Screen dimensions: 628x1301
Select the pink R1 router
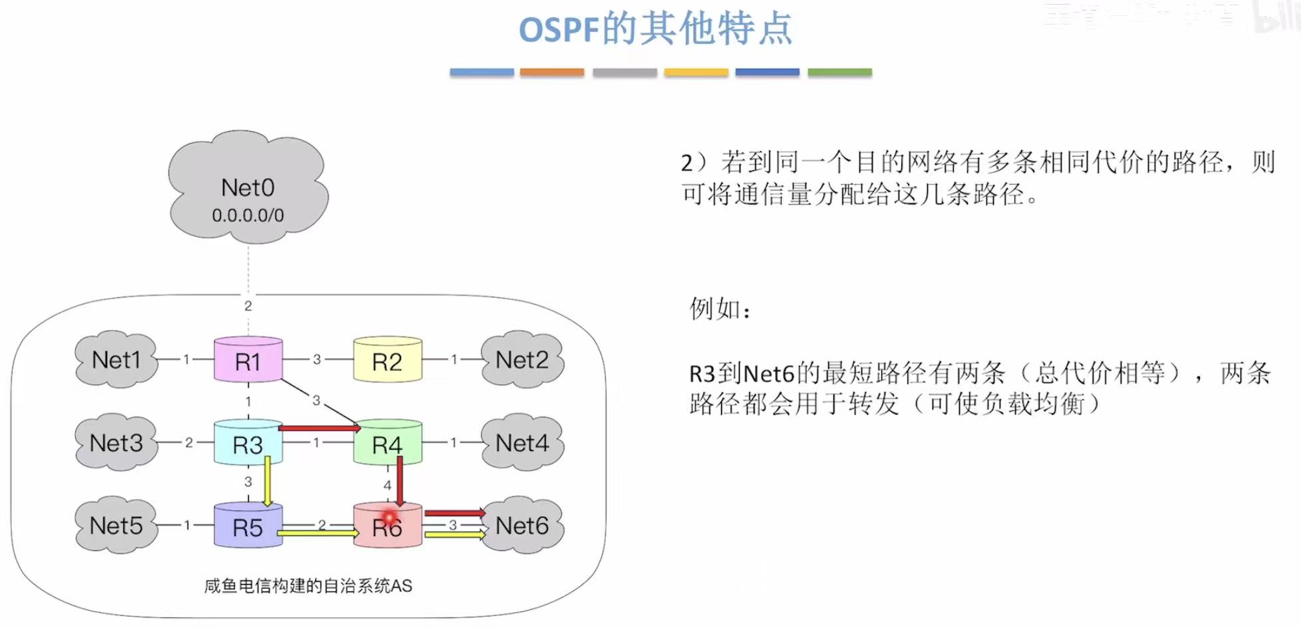[x=248, y=361]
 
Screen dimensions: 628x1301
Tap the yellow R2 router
[x=387, y=361]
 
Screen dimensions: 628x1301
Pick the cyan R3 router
[x=248, y=444]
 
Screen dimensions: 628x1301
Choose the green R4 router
[x=387, y=444]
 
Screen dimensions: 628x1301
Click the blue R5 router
[x=248, y=526]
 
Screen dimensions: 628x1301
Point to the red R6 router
[x=387, y=526]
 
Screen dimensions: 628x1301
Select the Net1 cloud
[x=116, y=360]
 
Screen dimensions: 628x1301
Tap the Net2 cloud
[x=522, y=360]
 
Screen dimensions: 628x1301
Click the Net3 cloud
[x=116, y=443]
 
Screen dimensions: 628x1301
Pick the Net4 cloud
[x=522, y=443]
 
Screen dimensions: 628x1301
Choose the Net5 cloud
[x=116, y=526]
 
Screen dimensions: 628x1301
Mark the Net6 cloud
[x=522, y=526]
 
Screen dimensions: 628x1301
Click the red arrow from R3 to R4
[x=319, y=428]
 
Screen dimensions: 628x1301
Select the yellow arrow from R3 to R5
[x=267, y=482]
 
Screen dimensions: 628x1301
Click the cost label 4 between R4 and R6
[x=387, y=486]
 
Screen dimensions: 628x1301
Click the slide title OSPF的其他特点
[x=655, y=29]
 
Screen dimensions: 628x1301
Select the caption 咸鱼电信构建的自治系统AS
[x=308, y=586]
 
